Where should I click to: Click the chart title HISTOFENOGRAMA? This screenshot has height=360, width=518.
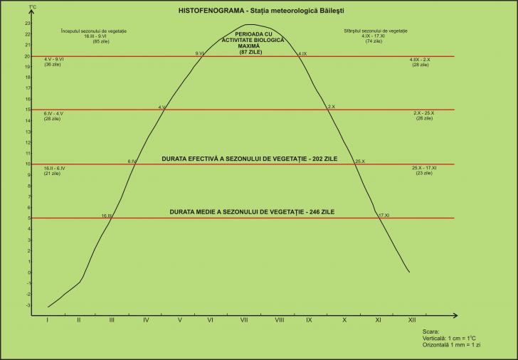[203, 11]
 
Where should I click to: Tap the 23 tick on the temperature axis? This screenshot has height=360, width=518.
[27, 23]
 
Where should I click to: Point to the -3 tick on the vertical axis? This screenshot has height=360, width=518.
[27, 305]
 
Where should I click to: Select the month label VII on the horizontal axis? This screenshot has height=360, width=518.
[244, 320]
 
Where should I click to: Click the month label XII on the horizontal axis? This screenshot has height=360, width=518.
[411, 320]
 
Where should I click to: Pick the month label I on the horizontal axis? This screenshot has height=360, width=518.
[47, 320]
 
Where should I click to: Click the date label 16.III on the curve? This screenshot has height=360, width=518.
[107, 215]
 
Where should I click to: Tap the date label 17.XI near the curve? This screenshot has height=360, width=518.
[384, 215]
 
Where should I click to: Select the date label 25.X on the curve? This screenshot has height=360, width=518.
[359, 162]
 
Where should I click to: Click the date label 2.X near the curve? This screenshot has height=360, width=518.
[330, 107]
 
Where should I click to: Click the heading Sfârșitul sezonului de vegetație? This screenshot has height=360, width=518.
[364, 31]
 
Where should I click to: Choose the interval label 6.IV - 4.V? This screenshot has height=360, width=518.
[54, 114]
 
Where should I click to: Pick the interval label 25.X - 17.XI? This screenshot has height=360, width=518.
[425, 168]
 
